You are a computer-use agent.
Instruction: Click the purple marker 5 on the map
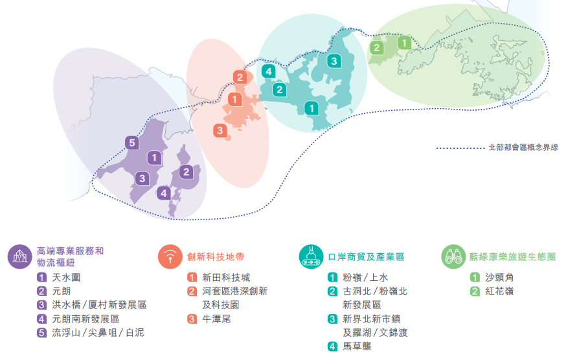tap(132, 143)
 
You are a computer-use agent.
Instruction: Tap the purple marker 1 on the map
tap(154, 158)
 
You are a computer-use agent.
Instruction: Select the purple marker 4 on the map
tap(164, 193)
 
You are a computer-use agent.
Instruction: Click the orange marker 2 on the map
tap(240, 77)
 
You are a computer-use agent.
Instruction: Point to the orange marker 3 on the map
tap(220, 130)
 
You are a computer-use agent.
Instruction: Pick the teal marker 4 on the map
tap(269, 71)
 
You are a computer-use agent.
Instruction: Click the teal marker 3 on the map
tap(334, 61)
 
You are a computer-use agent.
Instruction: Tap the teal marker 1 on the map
tap(312, 108)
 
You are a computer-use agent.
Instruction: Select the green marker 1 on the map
tap(404, 43)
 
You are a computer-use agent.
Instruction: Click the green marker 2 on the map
tap(377, 48)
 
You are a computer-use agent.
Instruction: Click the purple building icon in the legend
tap(20, 256)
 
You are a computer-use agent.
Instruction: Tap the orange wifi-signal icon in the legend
tap(170, 256)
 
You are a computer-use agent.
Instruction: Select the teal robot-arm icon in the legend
tap(312, 256)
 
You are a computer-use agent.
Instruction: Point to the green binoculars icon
tap(453, 256)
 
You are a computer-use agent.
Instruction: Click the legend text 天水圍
tap(66, 277)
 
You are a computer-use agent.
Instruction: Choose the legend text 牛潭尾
tap(216, 319)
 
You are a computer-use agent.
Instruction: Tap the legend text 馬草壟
tap(357, 346)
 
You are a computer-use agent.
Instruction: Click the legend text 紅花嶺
tap(499, 291)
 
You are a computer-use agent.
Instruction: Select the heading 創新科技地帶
tap(216, 256)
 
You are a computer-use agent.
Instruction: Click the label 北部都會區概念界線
tap(523, 148)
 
